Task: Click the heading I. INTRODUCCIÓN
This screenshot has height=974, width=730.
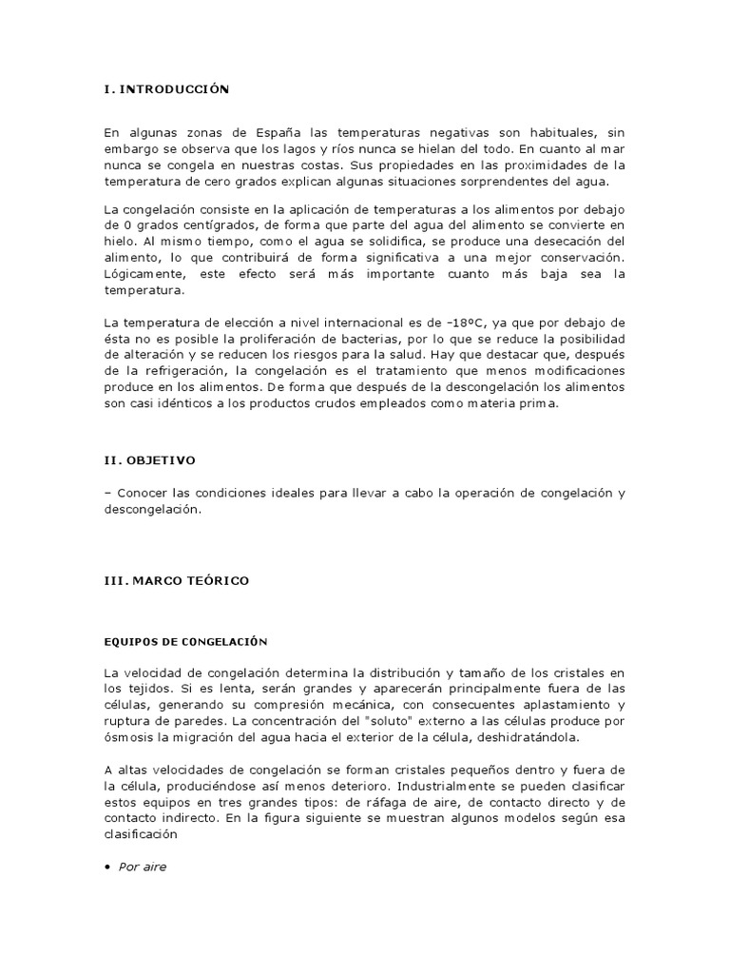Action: (167, 88)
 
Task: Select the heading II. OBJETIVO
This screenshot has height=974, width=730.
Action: (149, 459)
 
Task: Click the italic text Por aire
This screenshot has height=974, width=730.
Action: (143, 867)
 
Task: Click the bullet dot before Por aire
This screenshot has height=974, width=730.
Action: (107, 867)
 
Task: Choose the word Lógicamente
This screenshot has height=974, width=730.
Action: (144, 274)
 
